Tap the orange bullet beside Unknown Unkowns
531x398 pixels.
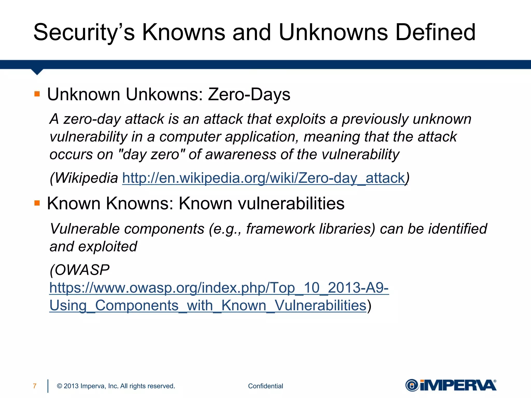pos(37,94)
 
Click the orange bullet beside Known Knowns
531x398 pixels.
pos(37,203)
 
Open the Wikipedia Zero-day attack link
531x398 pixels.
pos(263,178)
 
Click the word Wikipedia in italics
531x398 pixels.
pos(86,178)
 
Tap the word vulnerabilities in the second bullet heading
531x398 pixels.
pos(291,203)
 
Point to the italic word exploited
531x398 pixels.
pos(108,246)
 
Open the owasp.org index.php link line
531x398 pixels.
pos(219,288)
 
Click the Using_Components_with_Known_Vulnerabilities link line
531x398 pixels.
pos(208,305)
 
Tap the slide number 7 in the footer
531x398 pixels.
pos(35,386)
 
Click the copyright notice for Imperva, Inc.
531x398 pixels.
pos(116,386)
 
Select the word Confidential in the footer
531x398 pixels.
pos(265,386)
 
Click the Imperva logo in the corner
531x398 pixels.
pos(451,385)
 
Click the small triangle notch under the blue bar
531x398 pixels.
pos(37,72)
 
